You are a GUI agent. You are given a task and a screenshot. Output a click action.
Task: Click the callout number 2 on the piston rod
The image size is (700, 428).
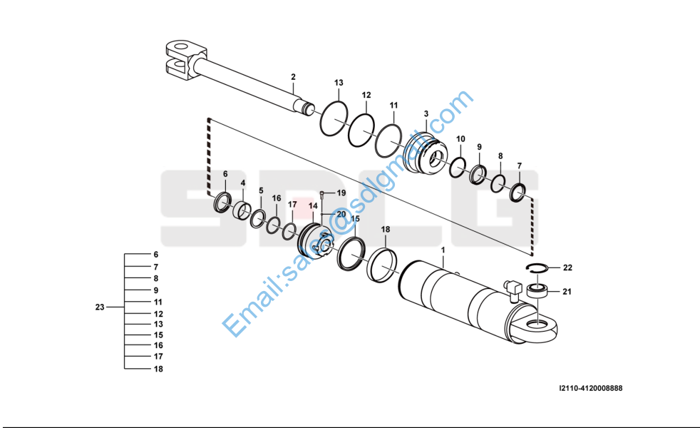pos(292,76)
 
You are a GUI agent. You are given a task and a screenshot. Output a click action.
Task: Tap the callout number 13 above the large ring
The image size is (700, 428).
pos(339,83)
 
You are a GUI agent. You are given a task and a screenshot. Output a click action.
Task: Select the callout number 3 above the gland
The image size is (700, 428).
pos(426,113)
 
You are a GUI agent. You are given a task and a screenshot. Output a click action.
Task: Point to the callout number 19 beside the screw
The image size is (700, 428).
pos(341,193)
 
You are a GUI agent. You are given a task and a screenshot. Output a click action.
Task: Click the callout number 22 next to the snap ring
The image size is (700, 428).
pos(567,268)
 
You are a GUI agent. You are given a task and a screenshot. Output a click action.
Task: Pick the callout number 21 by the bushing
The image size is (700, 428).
pos(567,291)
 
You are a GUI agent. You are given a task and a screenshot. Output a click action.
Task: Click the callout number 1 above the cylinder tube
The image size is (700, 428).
pos(443,250)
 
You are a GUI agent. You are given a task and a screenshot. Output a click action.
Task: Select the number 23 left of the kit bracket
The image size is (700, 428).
pos(100,307)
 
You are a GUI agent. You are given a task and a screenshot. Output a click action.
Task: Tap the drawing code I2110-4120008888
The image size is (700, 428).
pos(590,389)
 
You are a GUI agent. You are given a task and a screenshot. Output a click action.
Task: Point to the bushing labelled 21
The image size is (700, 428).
pos(536,290)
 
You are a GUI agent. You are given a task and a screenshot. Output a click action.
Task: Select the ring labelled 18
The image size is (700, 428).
pos(382,264)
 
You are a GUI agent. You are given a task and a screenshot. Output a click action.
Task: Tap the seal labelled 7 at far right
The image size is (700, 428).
pos(519,190)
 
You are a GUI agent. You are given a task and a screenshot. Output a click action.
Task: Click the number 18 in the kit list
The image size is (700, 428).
pos(158,369)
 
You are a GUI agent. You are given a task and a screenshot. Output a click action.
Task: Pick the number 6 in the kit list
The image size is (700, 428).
pos(156,255)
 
